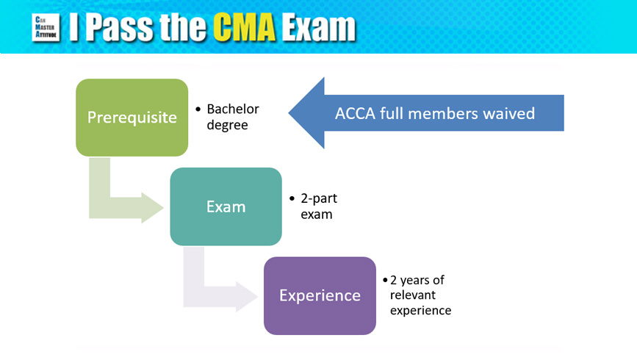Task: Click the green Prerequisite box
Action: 132,118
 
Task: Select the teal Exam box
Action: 226,206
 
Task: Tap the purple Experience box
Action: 320,295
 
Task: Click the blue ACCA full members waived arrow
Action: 426,113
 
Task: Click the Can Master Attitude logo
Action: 46,28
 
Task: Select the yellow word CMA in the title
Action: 245,28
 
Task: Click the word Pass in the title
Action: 120,28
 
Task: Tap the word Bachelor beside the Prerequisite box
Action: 233,109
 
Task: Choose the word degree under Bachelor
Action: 227,125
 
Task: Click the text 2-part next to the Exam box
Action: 319,198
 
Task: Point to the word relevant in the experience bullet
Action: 407,295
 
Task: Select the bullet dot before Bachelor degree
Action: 198,109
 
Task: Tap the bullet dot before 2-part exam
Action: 292,198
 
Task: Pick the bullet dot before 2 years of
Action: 385,280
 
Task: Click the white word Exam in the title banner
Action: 319,28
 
